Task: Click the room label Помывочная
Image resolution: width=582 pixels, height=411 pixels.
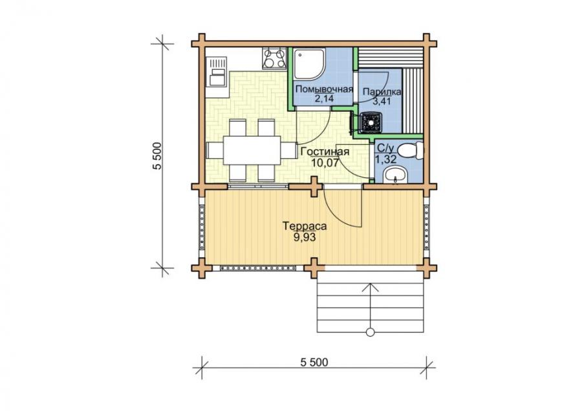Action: pos(324,89)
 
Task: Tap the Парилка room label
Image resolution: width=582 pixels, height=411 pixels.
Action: pos(382,92)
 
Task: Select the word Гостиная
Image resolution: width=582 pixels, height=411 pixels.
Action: pos(325,152)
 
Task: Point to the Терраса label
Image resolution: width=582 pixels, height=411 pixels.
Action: pos(305,226)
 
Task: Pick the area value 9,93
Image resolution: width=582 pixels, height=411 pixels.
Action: pos(305,237)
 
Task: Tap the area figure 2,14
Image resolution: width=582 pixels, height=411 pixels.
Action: pos(324,99)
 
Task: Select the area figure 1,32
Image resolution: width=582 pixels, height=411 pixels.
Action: pos(386,160)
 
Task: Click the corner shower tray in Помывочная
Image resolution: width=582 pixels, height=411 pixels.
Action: pos(310,64)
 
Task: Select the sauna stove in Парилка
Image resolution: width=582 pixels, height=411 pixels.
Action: pos(371,121)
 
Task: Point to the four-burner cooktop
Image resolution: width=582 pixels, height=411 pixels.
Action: pos(274,59)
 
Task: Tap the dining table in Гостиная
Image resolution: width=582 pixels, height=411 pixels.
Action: pos(252,150)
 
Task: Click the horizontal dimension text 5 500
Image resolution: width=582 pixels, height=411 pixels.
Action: pos(314,362)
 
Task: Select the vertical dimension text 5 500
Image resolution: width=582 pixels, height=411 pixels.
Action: pos(158,156)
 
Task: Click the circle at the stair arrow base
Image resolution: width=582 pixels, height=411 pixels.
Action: pos(370,332)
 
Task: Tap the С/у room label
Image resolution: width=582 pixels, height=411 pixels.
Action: pos(385,149)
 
